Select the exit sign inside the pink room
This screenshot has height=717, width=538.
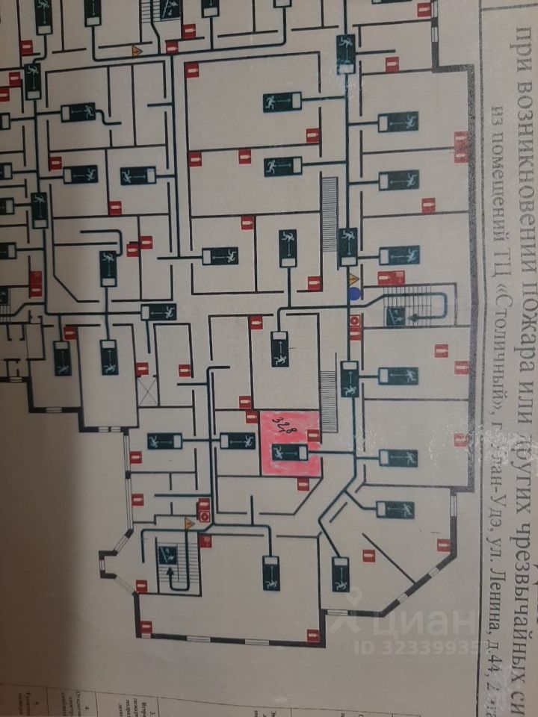point(289,453)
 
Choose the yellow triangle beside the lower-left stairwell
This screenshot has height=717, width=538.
point(190,524)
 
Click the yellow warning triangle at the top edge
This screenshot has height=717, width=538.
point(137,51)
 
